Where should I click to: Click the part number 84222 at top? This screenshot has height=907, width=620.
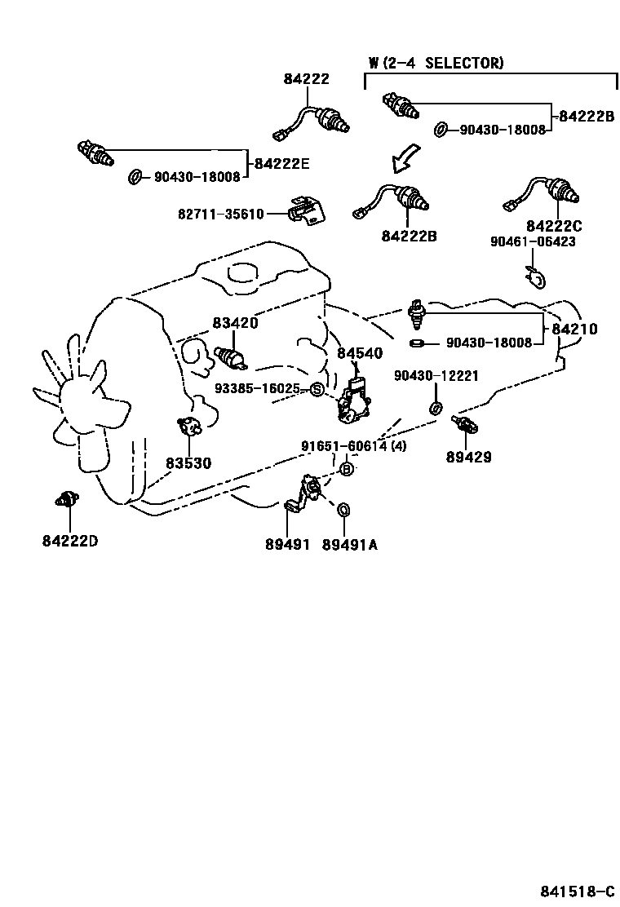tap(307, 79)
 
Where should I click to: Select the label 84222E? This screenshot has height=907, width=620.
tap(281, 163)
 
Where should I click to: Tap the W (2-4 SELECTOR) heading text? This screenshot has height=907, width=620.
tap(436, 63)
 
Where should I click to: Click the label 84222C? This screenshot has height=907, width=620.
tap(554, 225)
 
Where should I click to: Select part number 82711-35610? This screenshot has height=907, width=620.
tap(221, 214)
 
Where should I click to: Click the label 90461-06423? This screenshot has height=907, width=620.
tap(533, 241)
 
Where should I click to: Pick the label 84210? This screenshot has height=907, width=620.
tap(574, 330)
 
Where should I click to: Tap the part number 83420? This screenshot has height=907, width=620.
tap(235, 323)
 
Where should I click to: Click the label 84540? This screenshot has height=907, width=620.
tap(360, 353)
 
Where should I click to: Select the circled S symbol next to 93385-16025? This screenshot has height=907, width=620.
tap(317, 389)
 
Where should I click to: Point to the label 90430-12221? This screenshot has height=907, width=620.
tap(436, 375)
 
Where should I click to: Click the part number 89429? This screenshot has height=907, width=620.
tap(468, 457)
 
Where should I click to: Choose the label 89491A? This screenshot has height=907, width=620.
tap(349, 544)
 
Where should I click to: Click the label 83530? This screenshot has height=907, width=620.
tap(188, 463)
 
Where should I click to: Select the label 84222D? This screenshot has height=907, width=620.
tap(70, 540)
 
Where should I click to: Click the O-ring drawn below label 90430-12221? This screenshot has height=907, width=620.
tap(436, 408)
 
